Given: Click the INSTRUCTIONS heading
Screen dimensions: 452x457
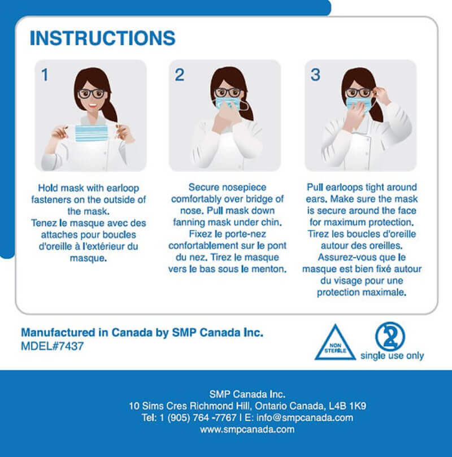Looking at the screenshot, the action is coord(103,38).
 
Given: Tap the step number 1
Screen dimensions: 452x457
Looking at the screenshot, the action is coord(45,75).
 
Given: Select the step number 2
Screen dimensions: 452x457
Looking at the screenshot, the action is coord(180,75).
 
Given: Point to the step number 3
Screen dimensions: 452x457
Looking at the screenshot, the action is coord(315,75).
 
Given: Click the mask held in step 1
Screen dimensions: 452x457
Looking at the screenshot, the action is coord(91,133).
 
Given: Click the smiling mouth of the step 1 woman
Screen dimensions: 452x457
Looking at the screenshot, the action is coord(93,105).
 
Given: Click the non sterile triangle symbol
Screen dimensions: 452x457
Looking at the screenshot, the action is coord(335,343).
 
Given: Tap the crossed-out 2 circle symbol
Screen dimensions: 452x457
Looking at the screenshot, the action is coord(390,336).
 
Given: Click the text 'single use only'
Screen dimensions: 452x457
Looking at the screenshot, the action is coord(392,356).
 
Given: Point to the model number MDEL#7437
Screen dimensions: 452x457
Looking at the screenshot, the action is coord(53,346).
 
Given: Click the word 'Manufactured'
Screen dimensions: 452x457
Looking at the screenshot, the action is coord(58,332).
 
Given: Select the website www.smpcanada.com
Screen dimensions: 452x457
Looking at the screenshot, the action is coord(247,429).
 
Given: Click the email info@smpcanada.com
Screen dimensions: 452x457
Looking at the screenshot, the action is coord(305,417).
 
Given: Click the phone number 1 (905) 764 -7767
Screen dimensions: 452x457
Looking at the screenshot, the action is coord(198,417).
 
